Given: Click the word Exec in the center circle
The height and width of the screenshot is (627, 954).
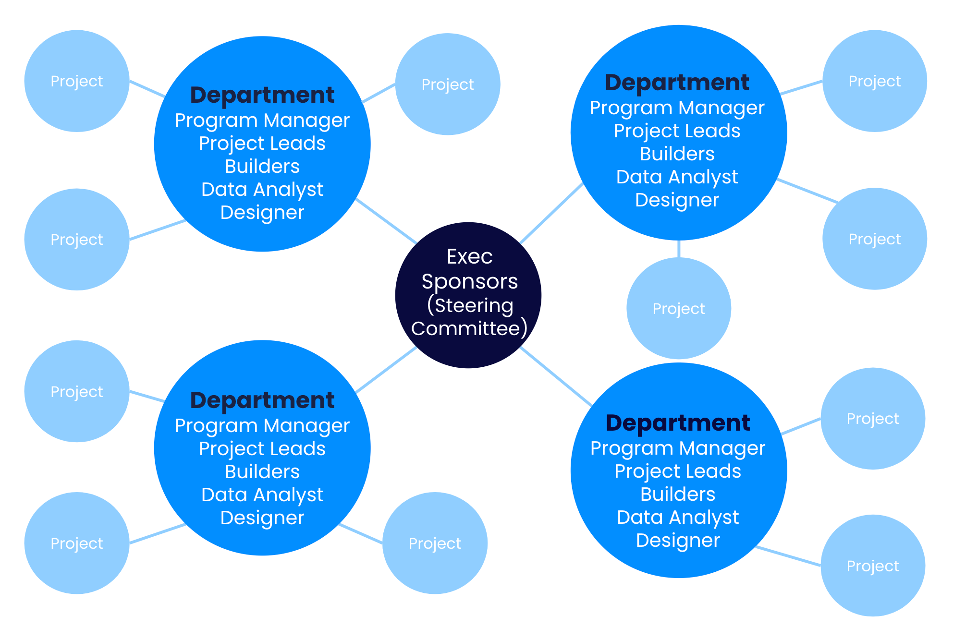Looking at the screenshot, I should [x=469, y=257].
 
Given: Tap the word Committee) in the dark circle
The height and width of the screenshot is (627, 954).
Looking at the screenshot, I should [x=469, y=329].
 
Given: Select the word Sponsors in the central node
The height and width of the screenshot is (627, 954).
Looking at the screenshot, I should [x=469, y=281].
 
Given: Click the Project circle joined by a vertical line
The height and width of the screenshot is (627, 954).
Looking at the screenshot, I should [x=678, y=308].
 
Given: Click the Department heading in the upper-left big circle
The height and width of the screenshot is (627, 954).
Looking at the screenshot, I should [x=262, y=95].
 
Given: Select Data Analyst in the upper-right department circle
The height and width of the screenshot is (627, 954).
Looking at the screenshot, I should [x=677, y=177].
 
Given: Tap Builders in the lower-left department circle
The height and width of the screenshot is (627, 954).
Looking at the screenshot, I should [x=262, y=472].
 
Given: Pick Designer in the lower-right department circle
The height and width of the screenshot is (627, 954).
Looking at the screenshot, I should [x=678, y=541].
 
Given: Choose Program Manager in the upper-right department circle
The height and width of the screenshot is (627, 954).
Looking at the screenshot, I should [x=677, y=108].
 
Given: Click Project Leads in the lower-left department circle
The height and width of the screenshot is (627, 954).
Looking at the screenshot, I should [x=262, y=449].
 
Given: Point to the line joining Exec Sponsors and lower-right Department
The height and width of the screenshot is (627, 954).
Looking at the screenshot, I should [x=556, y=377].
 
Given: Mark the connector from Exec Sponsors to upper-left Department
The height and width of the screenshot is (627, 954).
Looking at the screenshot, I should [x=386, y=221].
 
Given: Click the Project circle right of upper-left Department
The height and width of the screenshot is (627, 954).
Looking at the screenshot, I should [x=447, y=84].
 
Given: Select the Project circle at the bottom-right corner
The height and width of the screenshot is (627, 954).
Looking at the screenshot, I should [x=872, y=566].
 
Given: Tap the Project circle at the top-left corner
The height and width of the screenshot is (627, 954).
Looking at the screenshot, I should [x=77, y=81].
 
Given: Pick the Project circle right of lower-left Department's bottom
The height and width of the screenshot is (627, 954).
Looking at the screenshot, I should [x=435, y=543].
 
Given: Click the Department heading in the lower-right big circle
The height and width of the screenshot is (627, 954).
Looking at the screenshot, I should [x=678, y=423].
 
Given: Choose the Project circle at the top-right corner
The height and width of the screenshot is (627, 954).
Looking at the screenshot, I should [x=874, y=81].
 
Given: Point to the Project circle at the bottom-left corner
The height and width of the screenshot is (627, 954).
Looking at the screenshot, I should [x=77, y=543].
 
